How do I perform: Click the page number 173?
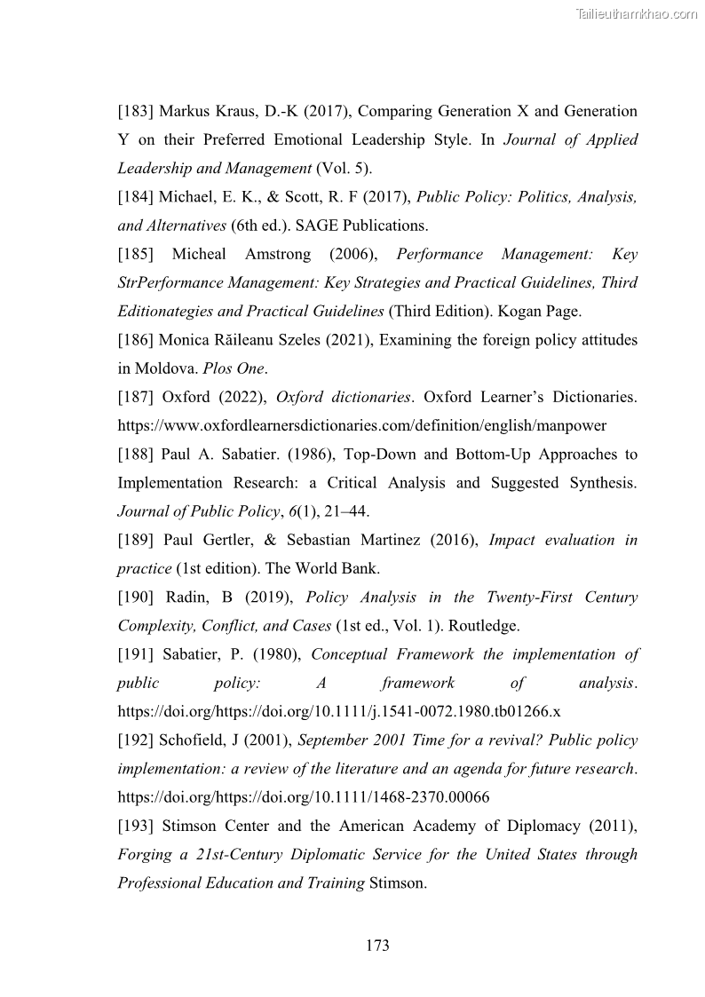coord(377,946)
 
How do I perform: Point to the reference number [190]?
coord(138,597)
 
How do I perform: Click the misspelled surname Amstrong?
coord(272,255)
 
